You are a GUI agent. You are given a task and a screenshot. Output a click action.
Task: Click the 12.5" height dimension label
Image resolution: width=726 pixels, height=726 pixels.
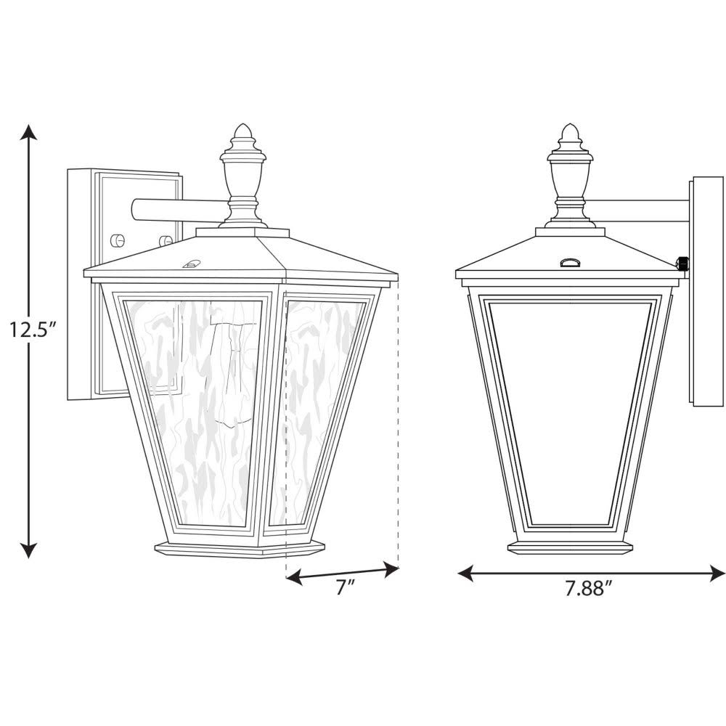pyautogui.click(x=28, y=330)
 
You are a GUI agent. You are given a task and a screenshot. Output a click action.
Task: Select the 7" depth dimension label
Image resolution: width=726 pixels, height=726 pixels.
pyautogui.click(x=343, y=588)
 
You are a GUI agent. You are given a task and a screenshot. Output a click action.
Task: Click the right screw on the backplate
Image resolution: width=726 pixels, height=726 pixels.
pyautogui.click(x=166, y=240)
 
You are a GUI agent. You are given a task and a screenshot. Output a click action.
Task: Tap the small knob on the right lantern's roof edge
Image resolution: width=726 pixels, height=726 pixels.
pyautogui.click(x=683, y=264)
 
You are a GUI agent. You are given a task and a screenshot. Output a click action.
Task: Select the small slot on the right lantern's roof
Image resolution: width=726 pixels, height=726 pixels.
pyautogui.click(x=571, y=262)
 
